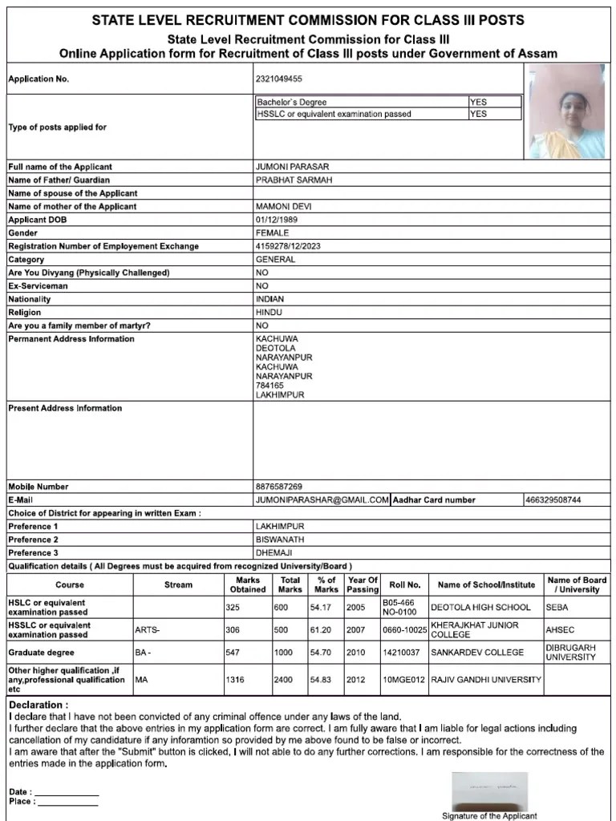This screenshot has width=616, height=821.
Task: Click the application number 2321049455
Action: [279, 79]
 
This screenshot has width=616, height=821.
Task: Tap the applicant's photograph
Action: [569, 111]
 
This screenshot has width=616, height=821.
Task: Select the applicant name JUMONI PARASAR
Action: [292, 167]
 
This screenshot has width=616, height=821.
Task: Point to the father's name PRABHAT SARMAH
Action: [294, 180]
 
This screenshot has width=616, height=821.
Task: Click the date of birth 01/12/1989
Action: [278, 220]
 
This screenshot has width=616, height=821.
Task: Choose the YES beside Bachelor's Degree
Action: [478, 102]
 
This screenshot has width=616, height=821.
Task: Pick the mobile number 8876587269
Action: [279, 487]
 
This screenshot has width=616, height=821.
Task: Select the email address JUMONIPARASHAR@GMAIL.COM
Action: [322, 500]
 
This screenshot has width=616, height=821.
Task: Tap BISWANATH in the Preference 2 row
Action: [280, 540]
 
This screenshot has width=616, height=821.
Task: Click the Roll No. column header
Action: [404, 585]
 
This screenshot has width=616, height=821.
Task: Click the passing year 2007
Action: [355, 630]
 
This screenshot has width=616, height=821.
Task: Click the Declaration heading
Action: [38, 705]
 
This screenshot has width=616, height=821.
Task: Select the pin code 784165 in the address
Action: [269, 386]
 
